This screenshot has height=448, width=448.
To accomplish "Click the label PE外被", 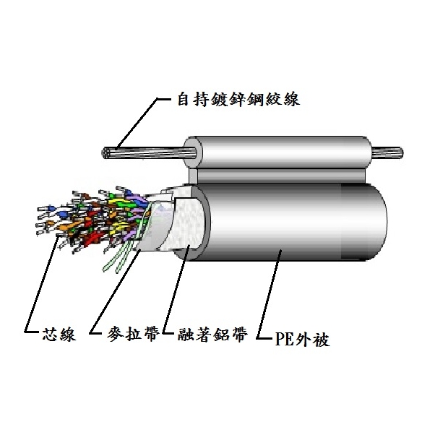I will click(x=303, y=338).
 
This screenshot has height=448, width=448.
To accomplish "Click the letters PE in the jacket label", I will click(x=285, y=339).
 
